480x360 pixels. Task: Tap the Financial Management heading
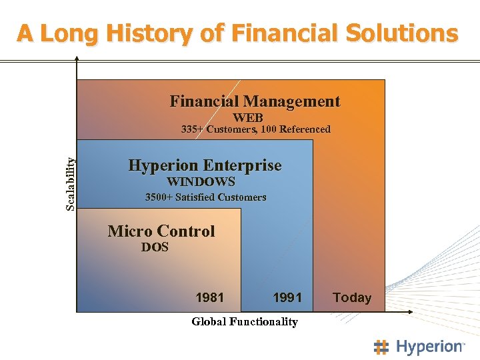click(x=255, y=101)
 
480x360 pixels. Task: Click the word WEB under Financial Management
click(x=247, y=117)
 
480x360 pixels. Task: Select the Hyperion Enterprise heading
click(x=205, y=165)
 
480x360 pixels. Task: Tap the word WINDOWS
click(x=201, y=181)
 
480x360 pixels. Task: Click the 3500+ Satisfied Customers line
click(x=205, y=197)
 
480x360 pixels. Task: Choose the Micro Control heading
click(x=161, y=231)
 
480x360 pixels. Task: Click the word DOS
click(x=155, y=247)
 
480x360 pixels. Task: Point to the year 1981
click(x=209, y=297)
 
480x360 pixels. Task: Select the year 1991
click(x=287, y=297)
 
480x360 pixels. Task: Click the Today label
click(x=352, y=297)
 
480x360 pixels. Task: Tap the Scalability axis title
click(x=71, y=183)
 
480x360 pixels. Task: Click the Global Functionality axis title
click(x=245, y=322)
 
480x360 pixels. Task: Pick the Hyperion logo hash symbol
click(x=381, y=347)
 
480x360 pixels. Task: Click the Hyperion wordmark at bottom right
click(x=429, y=347)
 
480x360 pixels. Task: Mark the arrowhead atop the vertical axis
click(x=77, y=59)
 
